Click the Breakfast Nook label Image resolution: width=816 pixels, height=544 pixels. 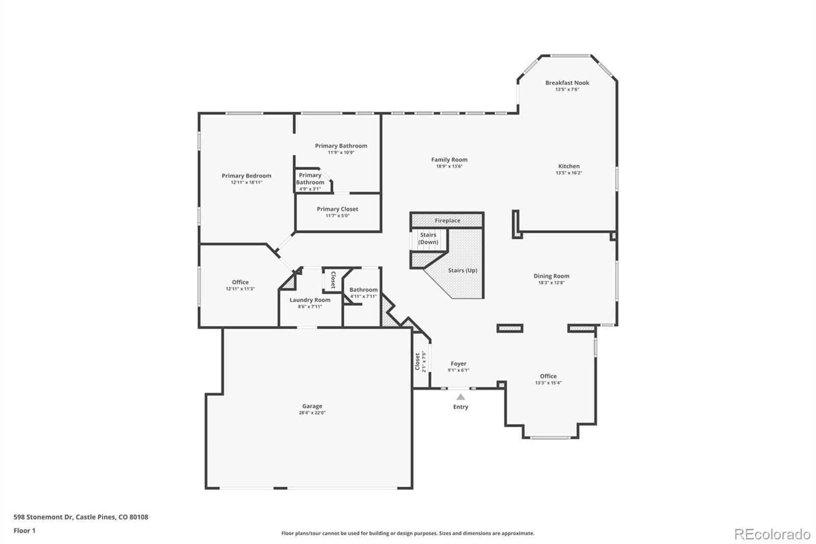tap(567, 83)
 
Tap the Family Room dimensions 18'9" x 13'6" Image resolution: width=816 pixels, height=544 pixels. tap(449, 166)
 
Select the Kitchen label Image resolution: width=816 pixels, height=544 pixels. tap(569, 166)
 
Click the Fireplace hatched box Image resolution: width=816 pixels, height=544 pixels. tap(447, 220)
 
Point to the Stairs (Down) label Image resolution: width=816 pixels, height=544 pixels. tap(428, 238)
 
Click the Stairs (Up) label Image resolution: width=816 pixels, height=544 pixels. tap(463, 270)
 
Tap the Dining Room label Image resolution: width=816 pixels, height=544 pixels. tap(551, 276)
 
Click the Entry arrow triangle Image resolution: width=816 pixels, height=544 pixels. tap(461, 397)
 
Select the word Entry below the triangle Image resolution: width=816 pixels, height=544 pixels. tap(461, 407)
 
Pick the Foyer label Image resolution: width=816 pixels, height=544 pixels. tap(458, 364)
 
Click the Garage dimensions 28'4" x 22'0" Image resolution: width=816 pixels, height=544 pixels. tap(312, 413)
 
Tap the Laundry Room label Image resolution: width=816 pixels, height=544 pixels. tap(310, 300)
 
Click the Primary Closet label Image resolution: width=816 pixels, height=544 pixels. tap(337, 209)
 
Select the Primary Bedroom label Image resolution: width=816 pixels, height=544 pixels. tap(246, 176)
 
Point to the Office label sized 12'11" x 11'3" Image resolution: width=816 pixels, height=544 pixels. tap(240, 282)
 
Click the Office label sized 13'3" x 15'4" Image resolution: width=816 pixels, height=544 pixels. tap(548, 376)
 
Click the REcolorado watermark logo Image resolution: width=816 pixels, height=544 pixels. tap(772, 534)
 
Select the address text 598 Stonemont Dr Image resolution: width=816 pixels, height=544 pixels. tap(44, 517)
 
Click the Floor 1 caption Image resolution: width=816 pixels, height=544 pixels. tap(24, 531)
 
